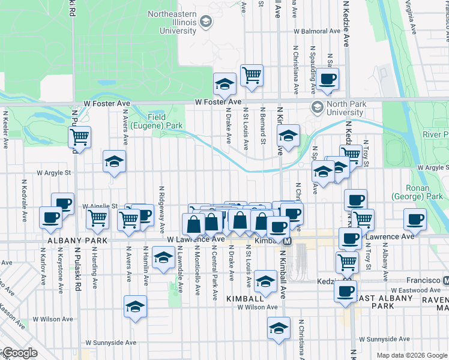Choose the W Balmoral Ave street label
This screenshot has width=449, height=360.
coord(317,31)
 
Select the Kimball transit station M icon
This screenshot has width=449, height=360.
coord(288,241)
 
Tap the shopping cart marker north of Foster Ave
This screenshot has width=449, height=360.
coord(252,76)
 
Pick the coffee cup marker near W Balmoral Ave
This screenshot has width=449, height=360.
coord(328,79)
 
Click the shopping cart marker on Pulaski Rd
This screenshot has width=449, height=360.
coord(79,137)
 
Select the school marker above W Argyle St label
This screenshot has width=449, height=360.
coord(114,161)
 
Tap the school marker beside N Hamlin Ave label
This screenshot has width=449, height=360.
coord(162,258)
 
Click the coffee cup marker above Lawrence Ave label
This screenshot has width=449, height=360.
coord(414,220)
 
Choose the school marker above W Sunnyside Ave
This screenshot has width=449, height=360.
coord(278,329)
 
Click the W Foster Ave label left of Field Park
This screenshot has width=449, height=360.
coord(107,103)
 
